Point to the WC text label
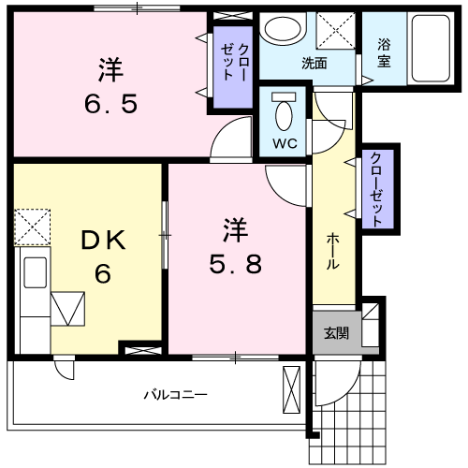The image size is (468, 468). click(285, 143)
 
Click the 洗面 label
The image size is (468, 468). click(314, 64)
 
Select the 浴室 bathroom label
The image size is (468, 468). click(384, 55)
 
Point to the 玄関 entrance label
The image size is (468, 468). click(336, 334)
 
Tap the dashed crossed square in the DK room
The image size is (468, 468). click(33, 225)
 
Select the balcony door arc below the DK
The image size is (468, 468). click(64, 369)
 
